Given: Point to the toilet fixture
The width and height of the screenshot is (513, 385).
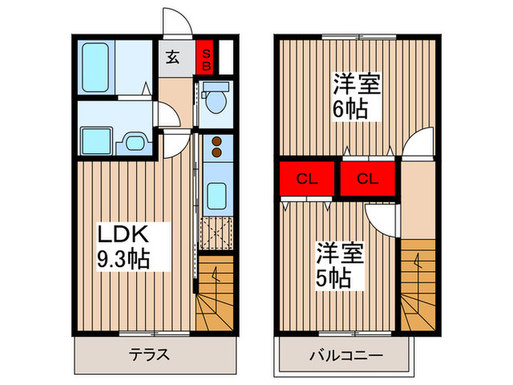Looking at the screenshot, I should [215, 100].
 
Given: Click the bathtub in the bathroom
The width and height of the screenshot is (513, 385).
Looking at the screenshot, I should [95, 67].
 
